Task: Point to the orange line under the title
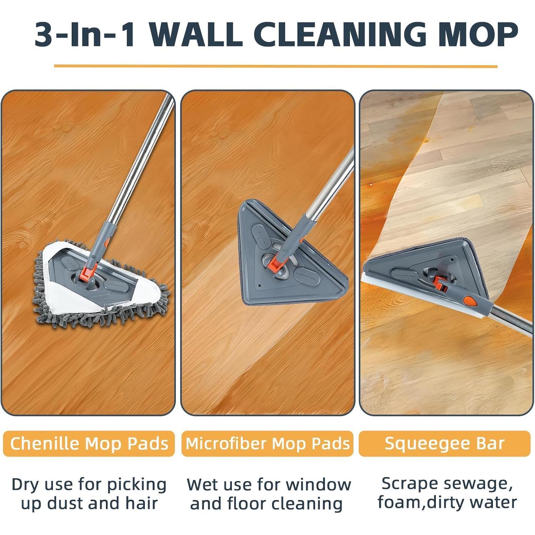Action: click(275, 66)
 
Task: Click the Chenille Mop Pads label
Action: click(89, 444)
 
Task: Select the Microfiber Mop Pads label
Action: click(267, 444)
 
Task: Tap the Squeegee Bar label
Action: click(444, 444)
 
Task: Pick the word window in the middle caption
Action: click(318, 484)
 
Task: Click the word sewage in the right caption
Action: click(477, 484)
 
